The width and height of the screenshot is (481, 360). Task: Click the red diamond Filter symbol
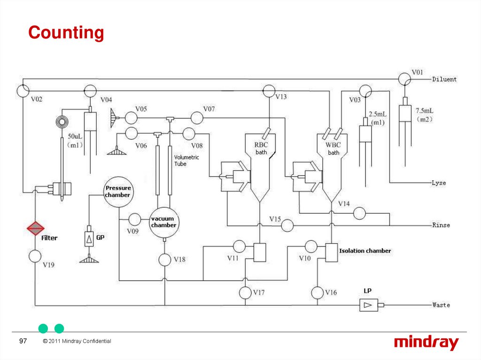coord(35,229)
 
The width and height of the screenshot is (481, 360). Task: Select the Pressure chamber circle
coord(117,191)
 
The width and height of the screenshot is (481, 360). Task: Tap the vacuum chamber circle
coord(164,222)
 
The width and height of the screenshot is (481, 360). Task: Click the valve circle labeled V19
coord(35,256)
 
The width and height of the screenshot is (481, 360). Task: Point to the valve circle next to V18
coord(164,259)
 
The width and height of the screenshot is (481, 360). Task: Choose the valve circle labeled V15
coord(287,226)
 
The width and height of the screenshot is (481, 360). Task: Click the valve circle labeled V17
coord(245,292)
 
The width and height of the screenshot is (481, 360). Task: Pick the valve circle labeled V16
coord(317,292)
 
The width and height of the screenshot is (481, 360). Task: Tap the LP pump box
coord(369,305)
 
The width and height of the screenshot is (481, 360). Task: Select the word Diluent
coord(444,79)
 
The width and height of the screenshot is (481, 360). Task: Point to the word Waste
coord(441,305)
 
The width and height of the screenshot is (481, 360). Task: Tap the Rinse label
coord(441,225)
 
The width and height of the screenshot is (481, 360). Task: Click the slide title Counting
coord(66,33)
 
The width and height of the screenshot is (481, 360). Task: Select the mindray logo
coord(426,343)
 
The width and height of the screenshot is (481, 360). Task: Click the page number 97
coord(23,341)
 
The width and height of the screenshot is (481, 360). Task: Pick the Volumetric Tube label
coord(186,161)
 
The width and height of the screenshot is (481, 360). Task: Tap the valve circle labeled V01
coord(403,79)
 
